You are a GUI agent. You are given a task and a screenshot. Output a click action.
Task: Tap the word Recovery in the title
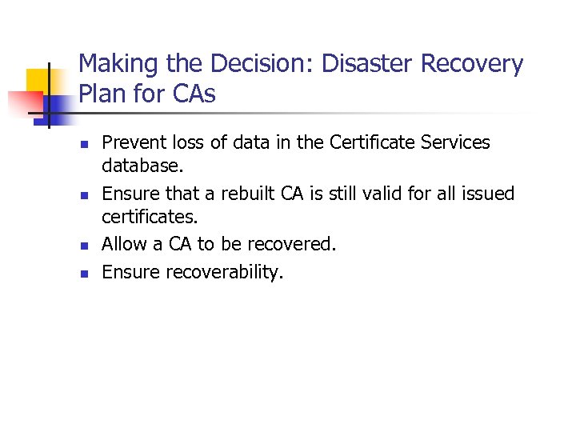[x=477, y=64]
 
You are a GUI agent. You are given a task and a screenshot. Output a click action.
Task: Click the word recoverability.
[x=225, y=272]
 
